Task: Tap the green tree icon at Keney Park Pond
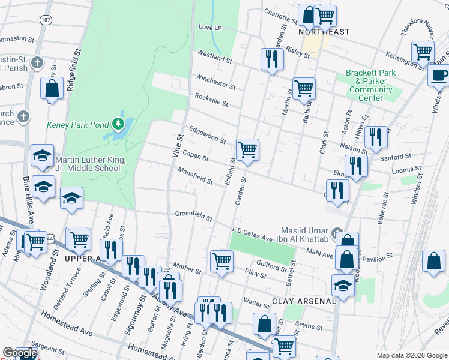coord(119,124)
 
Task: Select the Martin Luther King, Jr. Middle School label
coord(90,164)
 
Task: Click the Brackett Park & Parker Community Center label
coord(370,85)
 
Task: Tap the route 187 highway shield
coord(46,19)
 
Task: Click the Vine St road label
coord(178,145)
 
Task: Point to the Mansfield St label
coord(195,176)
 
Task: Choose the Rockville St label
coord(211,99)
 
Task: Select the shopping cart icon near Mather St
coord(221,261)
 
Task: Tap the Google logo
coord(19,353)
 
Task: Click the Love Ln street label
coord(209,28)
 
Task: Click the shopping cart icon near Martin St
coord(304,88)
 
